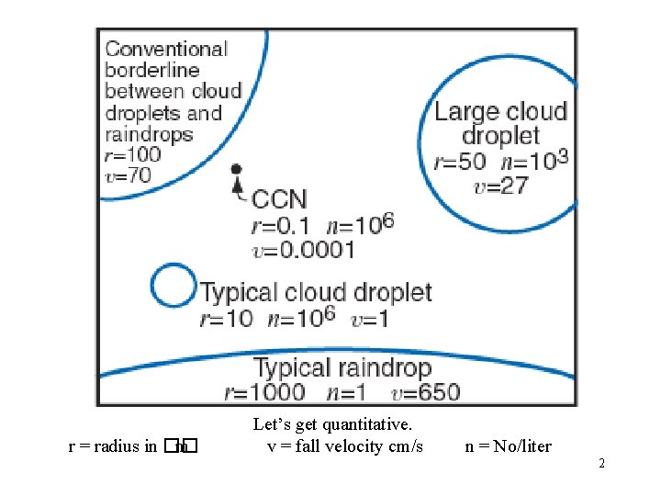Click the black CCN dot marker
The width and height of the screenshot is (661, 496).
[x=236, y=170]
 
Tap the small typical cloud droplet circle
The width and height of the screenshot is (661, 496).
[x=172, y=286]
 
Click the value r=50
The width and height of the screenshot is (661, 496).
[x=460, y=162]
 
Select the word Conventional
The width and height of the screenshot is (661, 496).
[x=166, y=49]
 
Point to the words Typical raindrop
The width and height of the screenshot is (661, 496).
[x=342, y=368]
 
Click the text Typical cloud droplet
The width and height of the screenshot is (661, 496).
[x=316, y=293]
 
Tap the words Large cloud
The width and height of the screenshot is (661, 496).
[x=500, y=112]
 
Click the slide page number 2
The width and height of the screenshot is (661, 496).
[x=601, y=463]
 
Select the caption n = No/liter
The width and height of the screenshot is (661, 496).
[x=509, y=446]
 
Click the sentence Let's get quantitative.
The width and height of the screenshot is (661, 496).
[x=332, y=424]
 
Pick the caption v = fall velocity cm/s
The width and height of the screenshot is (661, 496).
[x=345, y=446]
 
